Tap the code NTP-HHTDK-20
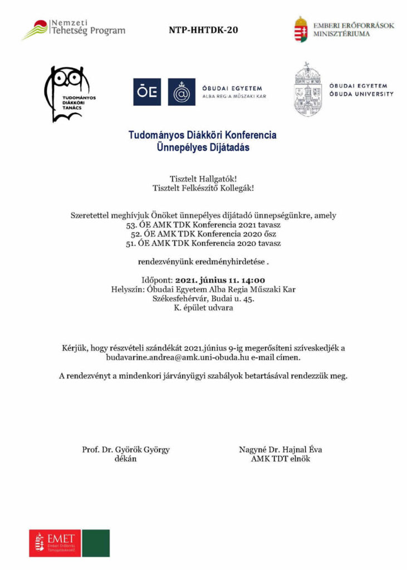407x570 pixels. click(x=203, y=30)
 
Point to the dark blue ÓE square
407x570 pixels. click(x=147, y=92)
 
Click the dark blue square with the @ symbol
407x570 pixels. click(x=182, y=92)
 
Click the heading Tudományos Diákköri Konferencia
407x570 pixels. click(x=203, y=135)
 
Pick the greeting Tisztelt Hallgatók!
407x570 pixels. click(x=203, y=179)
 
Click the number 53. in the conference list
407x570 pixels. click(x=126, y=225)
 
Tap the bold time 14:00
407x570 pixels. click(x=252, y=280)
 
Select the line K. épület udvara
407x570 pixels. click(x=203, y=308)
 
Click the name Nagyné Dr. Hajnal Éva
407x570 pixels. click(x=281, y=450)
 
